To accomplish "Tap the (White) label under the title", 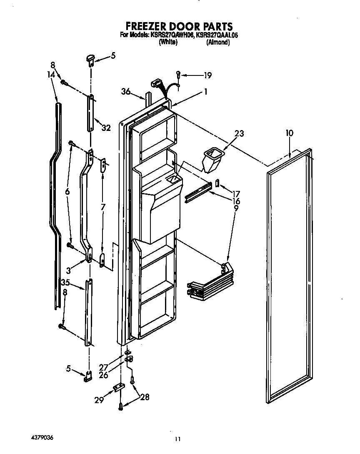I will pyautogui.click(x=168, y=42).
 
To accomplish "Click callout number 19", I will pyautogui.click(x=207, y=75).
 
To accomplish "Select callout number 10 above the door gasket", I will pyautogui.click(x=290, y=133).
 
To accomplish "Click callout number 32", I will pyautogui.click(x=106, y=128).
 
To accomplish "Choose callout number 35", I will pyautogui.click(x=65, y=282).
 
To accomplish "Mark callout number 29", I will pyautogui.click(x=100, y=400).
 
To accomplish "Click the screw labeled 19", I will pyautogui.click(x=178, y=75).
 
